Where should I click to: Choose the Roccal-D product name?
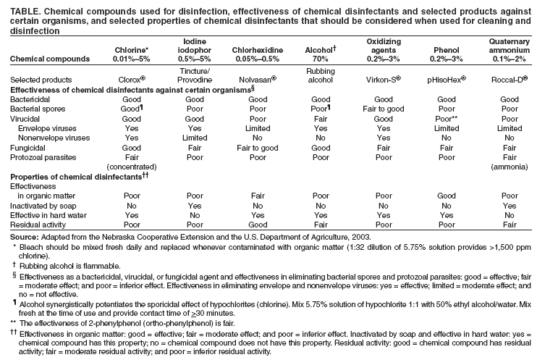click(511, 78)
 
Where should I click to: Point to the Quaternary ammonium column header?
click(511, 46)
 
